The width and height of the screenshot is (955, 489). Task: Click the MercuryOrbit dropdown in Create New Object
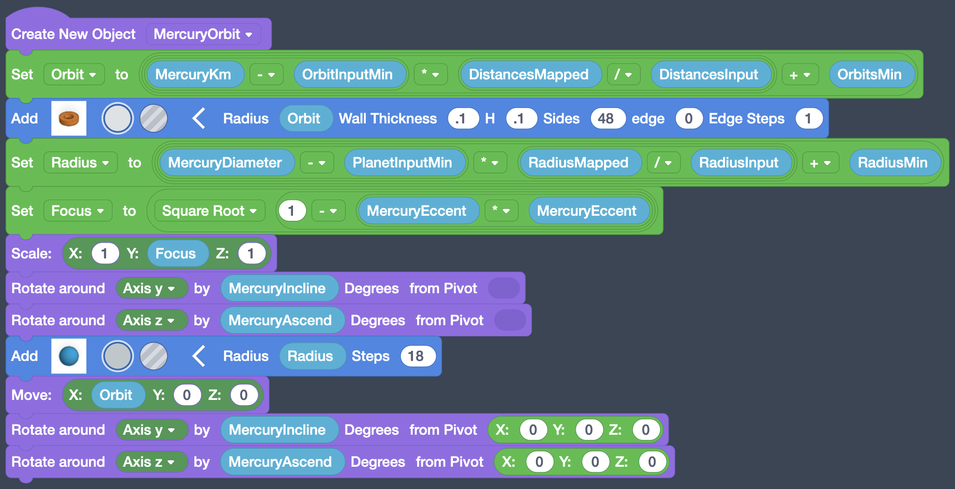(203, 34)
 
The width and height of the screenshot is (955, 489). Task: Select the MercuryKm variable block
(193, 75)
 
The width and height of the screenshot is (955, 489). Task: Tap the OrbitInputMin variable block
(347, 75)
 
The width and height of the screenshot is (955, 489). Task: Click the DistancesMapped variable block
(528, 75)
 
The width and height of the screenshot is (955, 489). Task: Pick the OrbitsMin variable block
(869, 75)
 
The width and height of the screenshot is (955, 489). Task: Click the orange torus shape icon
(69, 119)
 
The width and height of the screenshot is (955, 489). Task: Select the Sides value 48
(605, 119)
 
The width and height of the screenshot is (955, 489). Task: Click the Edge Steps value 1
(808, 119)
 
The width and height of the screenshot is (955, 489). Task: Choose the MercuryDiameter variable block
(225, 163)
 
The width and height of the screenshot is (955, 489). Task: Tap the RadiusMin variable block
(892, 163)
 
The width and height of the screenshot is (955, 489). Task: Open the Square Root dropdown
(209, 211)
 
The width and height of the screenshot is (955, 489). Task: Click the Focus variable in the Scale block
(175, 254)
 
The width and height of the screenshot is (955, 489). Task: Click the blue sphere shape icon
(69, 356)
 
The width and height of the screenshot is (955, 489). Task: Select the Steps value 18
(416, 356)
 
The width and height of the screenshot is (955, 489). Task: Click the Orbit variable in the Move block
(116, 395)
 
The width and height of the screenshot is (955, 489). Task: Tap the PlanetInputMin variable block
(402, 163)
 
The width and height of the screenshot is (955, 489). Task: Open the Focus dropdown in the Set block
(77, 211)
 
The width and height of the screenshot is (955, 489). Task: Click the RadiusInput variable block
(739, 163)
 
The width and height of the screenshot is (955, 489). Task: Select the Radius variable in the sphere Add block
(310, 356)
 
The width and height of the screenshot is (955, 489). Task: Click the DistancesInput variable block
(708, 75)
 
